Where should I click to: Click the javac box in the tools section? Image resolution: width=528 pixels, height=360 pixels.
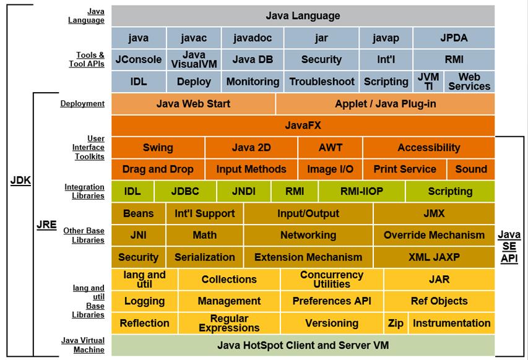[194, 38]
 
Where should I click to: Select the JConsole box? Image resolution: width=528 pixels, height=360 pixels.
[139, 59]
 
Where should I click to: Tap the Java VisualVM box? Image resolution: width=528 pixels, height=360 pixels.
[194, 59]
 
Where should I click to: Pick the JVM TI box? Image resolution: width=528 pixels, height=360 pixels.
[428, 81]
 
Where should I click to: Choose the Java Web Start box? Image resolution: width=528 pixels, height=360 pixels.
[193, 103]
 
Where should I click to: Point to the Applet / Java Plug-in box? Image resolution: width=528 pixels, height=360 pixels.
[385, 103]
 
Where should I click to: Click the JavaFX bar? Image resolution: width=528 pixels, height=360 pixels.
[303, 126]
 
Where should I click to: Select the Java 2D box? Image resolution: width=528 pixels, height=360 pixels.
[251, 147]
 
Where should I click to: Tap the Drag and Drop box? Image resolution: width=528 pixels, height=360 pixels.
[158, 169]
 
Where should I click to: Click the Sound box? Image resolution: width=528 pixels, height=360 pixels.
[471, 169]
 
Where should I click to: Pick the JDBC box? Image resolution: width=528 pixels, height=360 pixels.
[185, 191]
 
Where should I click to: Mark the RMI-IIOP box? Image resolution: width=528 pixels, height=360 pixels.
[361, 191]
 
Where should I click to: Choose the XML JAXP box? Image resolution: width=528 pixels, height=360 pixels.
[434, 257]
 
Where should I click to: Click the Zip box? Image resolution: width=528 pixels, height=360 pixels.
[395, 323]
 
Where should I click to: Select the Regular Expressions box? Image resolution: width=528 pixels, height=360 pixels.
[229, 323]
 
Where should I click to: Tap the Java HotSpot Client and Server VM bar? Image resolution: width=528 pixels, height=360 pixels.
[303, 345]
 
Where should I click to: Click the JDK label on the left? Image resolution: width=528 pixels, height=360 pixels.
[20, 181]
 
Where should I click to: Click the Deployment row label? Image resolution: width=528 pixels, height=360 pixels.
[82, 103]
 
